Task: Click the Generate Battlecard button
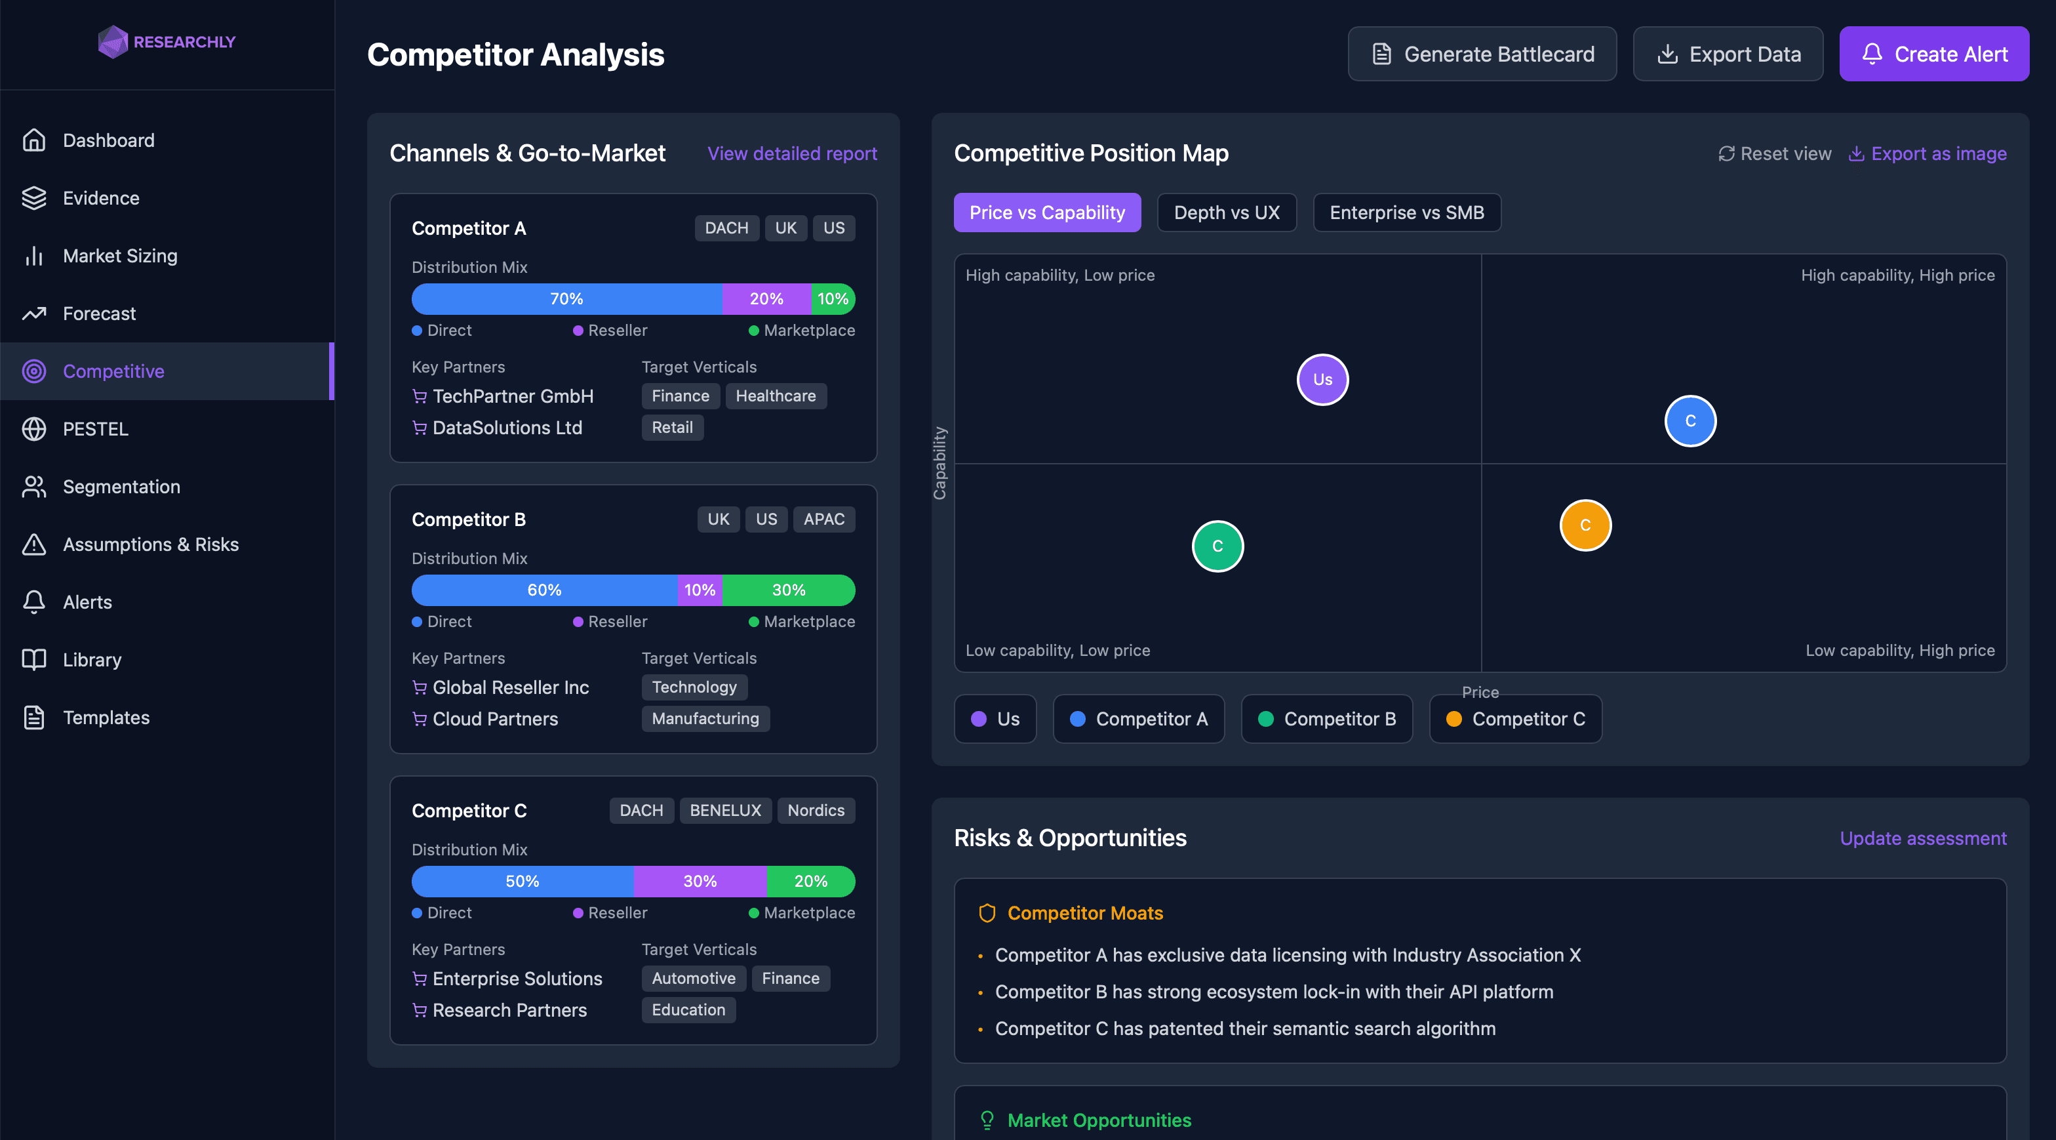point(1482,54)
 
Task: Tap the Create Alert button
point(1934,54)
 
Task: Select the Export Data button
point(1728,54)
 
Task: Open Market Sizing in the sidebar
point(120,255)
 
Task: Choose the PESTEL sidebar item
point(95,429)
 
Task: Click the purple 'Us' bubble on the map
point(1322,380)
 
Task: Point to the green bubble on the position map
point(1217,546)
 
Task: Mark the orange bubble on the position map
point(1585,525)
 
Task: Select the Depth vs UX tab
point(1227,213)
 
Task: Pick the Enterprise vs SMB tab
point(1406,213)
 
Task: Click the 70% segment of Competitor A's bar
point(566,298)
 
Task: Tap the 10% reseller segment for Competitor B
point(700,590)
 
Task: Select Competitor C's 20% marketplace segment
point(811,882)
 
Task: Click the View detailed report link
point(792,153)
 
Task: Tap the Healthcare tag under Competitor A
point(775,396)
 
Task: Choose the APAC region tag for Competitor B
point(823,519)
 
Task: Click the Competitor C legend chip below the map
point(1515,718)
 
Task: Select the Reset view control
point(1775,153)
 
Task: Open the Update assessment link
point(1923,838)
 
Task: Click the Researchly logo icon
point(113,41)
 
